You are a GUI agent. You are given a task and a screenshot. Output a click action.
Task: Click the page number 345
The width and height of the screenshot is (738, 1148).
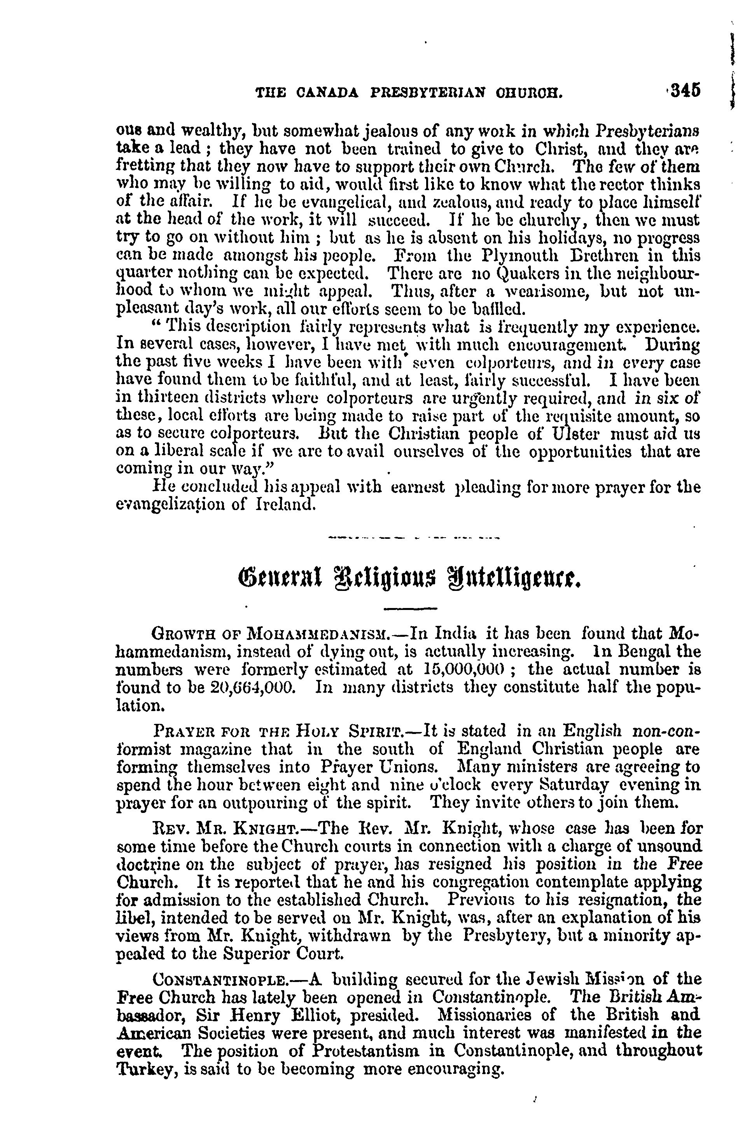[685, 91]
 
